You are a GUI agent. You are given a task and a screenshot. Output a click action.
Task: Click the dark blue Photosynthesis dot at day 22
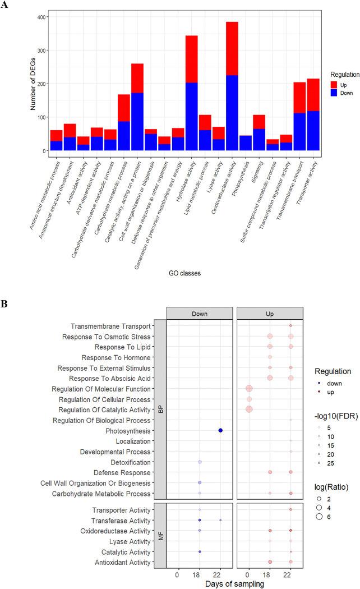220,430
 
